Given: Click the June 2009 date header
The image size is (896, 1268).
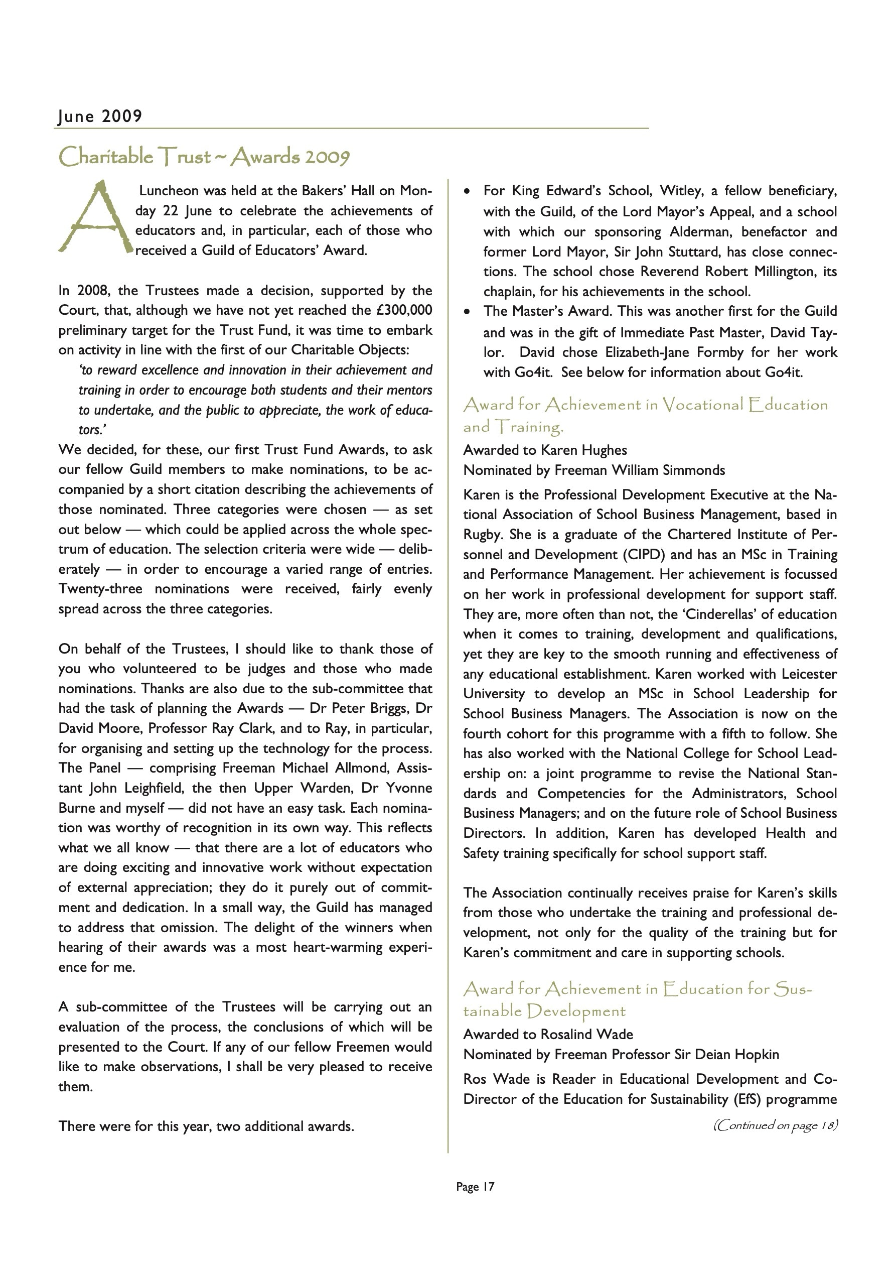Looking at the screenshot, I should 100,116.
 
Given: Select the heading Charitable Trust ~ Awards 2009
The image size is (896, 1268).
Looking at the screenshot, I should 204,158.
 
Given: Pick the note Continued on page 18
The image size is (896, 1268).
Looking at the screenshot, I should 775,1125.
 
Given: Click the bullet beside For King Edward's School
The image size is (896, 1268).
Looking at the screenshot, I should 468,192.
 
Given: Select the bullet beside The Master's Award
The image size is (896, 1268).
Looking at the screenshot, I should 468,312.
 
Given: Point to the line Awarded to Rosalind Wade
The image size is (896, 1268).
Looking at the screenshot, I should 548,1035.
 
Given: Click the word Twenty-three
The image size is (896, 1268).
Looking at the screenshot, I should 100,589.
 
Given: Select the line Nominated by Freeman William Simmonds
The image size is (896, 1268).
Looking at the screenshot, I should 594,470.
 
